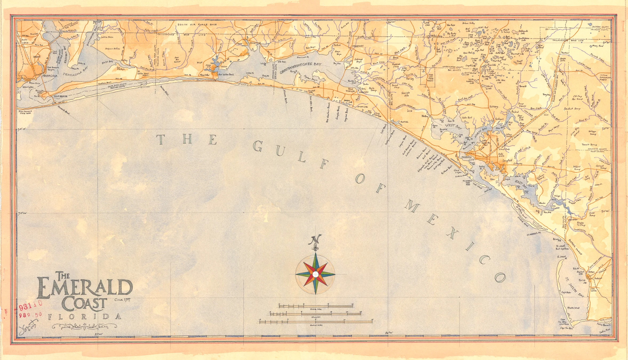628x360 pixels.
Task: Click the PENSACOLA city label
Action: pos(50,76)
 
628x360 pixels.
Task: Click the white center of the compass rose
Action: pos(316,274)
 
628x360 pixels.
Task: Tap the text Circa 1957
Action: pos(122,299)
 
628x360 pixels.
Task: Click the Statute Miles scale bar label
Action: pos(316,309)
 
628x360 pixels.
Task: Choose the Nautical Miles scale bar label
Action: pos(316,325)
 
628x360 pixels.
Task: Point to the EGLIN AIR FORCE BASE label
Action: pos(197,25)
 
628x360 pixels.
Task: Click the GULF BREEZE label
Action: pos(61,96)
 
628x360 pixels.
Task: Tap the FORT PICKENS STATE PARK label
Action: pos(25,112)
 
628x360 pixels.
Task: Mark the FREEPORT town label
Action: pos(358,46)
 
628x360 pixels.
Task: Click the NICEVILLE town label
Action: pos(256,43)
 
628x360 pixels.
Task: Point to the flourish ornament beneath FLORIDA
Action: pos(84,326)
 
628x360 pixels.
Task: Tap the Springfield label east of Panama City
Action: pos(507,161)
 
